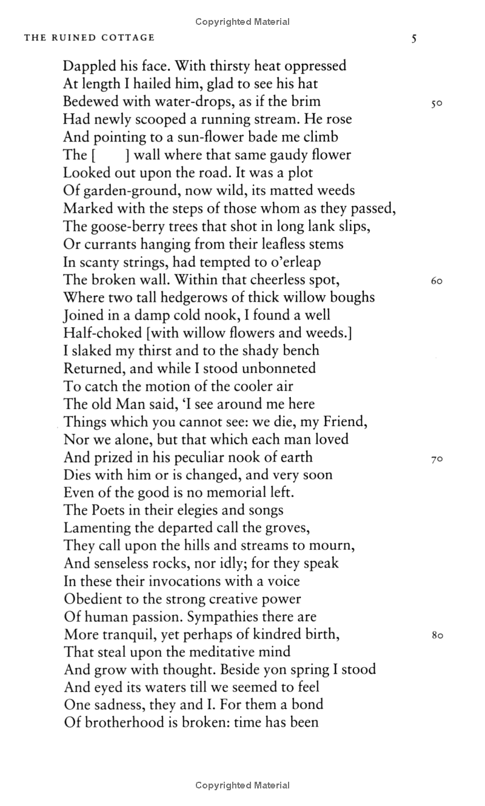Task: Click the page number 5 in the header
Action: [x=414, y=39]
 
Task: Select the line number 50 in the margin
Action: [x=436, y=103]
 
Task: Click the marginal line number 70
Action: [x=436, y=459]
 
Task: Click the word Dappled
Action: [x=90, y=65]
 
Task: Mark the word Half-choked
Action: [x=100, y=333]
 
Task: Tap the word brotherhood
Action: [x=126, y=722]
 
